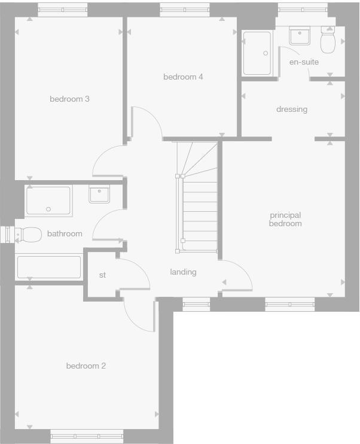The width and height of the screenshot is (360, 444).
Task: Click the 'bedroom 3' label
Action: [69, 99]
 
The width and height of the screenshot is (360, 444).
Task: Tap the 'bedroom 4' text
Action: [183, 77]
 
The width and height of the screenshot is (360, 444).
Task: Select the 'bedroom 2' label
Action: [86, 366]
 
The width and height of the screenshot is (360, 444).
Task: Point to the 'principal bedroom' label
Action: [285, 219]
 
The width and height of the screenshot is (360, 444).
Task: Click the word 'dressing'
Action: [292, 109]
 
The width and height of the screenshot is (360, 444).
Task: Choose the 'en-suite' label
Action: [304, 62]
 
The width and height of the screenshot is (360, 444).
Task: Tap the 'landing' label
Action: [183, 272]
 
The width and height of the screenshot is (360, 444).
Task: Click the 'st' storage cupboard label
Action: [102, 275]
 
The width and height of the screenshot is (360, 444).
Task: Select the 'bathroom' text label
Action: [65, 233]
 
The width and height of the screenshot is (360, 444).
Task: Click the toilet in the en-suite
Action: [328, 42]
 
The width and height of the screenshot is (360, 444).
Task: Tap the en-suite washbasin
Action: [300, 37]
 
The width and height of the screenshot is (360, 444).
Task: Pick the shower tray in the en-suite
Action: [257, 53]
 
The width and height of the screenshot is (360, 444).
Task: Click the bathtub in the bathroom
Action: [49, 267]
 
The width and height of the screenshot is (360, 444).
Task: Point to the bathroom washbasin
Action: [99, 194]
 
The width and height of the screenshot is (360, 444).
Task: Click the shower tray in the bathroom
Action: [48, 201]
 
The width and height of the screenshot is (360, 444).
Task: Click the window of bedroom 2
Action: [87, 436]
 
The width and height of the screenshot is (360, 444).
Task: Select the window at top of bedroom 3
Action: [63, 9]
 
